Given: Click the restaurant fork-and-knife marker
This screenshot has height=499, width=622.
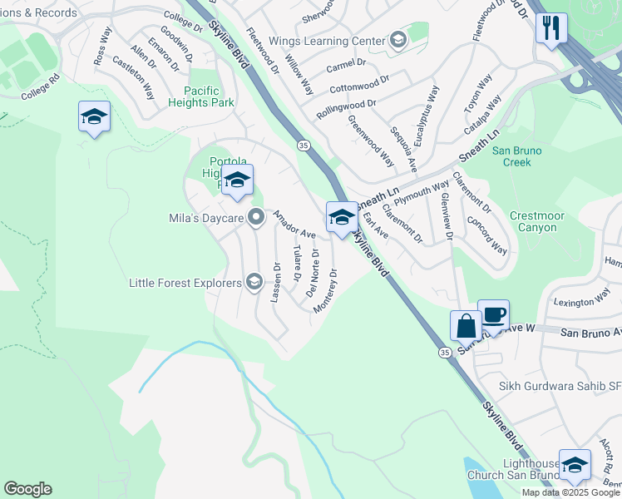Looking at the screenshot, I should pyautogui.click(x=550, y=28).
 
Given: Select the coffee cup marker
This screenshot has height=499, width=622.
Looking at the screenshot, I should pyautogui.click(x=493, y=315).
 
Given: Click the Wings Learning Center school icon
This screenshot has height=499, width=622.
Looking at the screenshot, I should pyautogui.click(x=397, y=41).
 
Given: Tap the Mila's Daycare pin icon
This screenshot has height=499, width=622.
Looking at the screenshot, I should pyautogui.click(x=256, y=218).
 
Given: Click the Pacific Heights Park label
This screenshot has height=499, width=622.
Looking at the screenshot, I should pyautogui.click(x=202, y=96).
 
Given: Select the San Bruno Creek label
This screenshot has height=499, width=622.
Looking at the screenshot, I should pyautogui.click(x=516, y=156).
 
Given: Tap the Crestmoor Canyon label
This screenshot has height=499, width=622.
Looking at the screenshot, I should pyautogui.click(x=536, y=221).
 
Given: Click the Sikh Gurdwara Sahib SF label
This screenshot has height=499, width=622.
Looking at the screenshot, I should pyautogui.click(x=559, y=386).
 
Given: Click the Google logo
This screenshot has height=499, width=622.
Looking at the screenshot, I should pyautogui.click(x=27, y=489).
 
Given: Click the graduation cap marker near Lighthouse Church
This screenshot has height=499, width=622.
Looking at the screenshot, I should pyautogui.click(x=574, y=466).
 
